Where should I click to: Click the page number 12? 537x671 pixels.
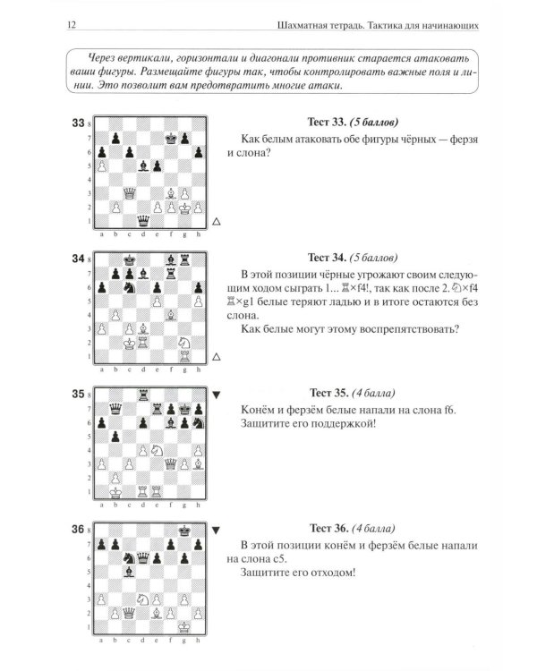click(x=72, y=25)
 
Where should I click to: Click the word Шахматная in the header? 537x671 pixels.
click(x=298, y=25)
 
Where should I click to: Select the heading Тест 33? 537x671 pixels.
click(x=327, y=122)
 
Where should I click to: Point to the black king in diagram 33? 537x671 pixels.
click(x=171, y=138)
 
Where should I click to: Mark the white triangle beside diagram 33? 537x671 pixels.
click(x=217, y=221)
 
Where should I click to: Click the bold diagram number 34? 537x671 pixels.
click(x=78, y=259)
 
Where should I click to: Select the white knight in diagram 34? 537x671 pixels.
click(x=184, y=343)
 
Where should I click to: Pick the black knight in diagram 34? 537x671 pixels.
click(x=129, y=287)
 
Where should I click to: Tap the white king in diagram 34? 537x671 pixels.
click(x=129, y=343)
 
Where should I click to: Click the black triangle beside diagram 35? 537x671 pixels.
click(x=217, y=395)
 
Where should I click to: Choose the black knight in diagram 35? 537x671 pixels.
click(x=199, y=423)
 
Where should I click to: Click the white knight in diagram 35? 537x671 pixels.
click(x=158, y=450)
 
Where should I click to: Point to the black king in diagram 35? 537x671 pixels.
click(x=184, y=409)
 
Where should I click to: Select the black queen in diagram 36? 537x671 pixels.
click(x=143, y=558)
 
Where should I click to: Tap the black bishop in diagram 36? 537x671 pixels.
click(x=129, y=572)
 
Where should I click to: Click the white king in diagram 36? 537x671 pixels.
click(x=184, y=627)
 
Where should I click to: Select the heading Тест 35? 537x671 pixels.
click(x=328, y=393)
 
